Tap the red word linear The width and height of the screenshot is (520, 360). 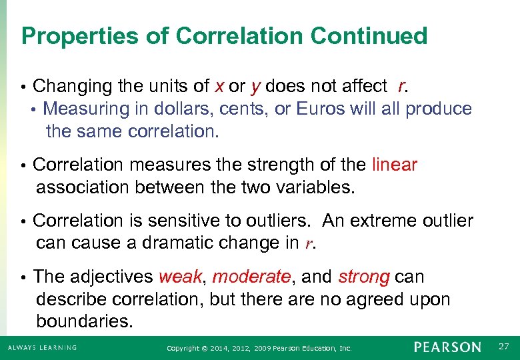click(x=395, y=165)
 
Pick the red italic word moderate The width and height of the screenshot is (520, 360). click(x=251, y=277)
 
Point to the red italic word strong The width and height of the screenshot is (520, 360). click(x=363, y=277)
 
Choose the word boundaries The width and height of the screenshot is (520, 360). click(x=85, y=322)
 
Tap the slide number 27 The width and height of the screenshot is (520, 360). click(x=503, y=347)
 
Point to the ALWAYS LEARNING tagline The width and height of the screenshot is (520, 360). click(x=41, y=347)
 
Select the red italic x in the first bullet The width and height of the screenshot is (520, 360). click(x=219, y=87)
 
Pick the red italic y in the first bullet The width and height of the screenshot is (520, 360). click(x=255, y=87)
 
